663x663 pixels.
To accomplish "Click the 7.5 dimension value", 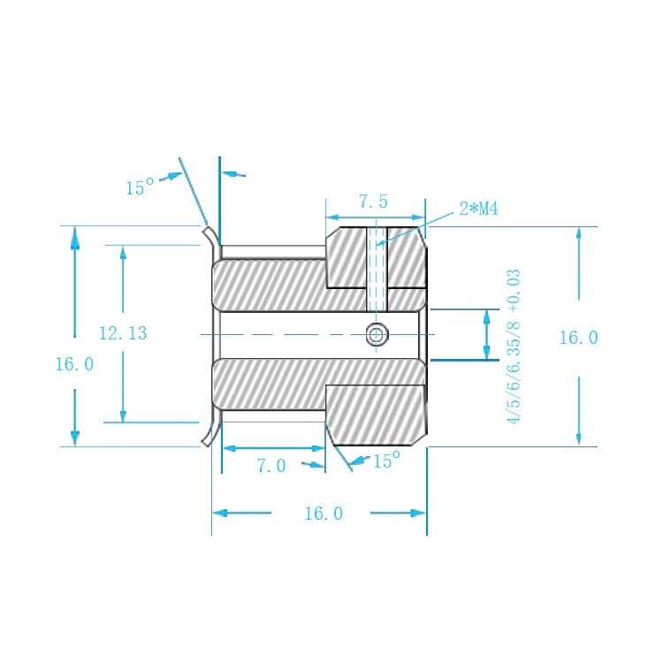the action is (x=373, y=202).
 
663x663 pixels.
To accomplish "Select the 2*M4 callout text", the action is (x=478, y=209).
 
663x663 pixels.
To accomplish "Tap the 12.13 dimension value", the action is (x=123, y=333).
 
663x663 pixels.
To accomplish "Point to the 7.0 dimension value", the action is (x=271, y=466).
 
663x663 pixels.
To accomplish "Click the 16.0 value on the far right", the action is (x=579, y=338).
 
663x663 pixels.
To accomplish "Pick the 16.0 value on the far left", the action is (x=75, y=364).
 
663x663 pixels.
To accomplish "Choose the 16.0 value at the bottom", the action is (x=324, y=514).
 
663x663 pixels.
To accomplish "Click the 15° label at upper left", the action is (x=140, y=187).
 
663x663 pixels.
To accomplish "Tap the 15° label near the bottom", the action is (x=386, y=460).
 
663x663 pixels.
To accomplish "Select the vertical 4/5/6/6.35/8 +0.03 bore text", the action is (x=514, y=347).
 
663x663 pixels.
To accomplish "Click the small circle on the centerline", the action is (x=377, y=335).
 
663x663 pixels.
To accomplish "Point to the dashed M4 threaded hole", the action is (x=377, y=270).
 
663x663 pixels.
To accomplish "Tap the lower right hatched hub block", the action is (x=376, y=415).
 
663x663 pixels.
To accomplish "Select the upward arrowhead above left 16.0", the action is (x=75, y=238).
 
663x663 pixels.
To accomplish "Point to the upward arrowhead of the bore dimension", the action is (x=487, y=318).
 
